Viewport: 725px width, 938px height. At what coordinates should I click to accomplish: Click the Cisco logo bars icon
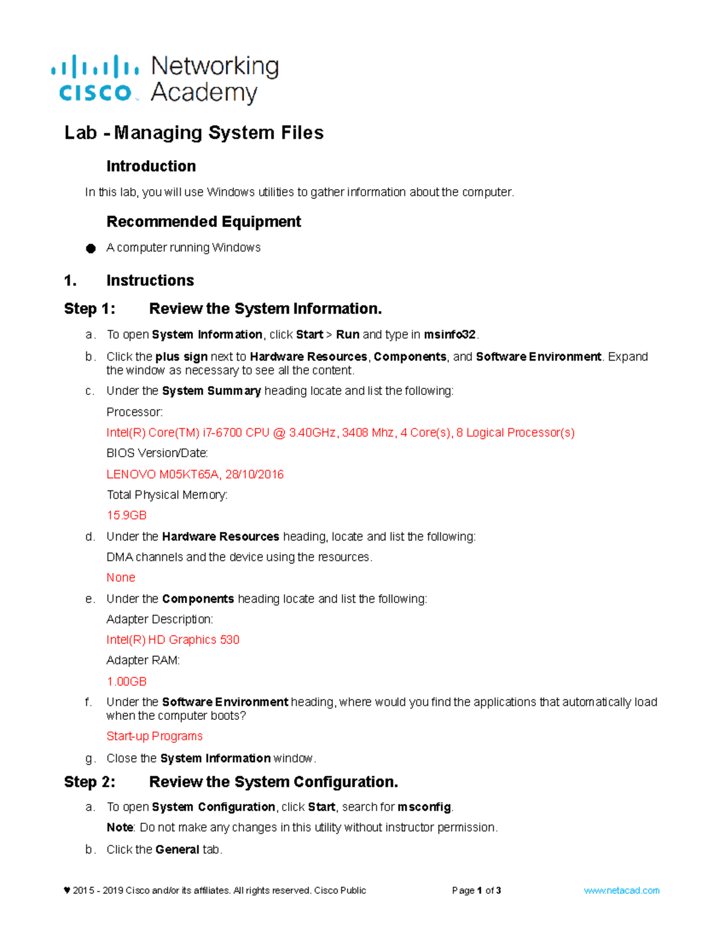pyautogui.click(x=95, y=66)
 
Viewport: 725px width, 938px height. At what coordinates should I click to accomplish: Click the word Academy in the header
pyautogui.click(x=204, y=93)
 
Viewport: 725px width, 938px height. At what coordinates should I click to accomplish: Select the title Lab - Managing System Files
pyautogui.click(x=194, y=133)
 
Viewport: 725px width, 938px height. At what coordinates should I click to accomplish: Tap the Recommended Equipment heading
pyautogui.click(x=204, y=222)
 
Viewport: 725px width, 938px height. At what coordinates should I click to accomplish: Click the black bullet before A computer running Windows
pyautogui.click(x=91, y=248)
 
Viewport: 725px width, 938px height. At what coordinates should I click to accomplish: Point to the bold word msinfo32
pyautogui.click(x=450, y=335)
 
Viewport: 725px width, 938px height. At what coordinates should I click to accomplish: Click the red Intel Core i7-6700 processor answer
pyautogui.click(x=340, y=432)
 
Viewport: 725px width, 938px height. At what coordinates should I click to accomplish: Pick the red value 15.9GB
pyautogui.click(x=126, y=515)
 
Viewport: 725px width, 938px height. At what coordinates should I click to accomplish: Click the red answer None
pyautogui.click(x=121, y=577)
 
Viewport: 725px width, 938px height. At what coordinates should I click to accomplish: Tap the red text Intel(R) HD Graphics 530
pyautogui.click(x=173, y=640)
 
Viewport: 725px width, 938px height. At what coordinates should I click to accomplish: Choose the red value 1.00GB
pyautogui.click(x=126, y=681)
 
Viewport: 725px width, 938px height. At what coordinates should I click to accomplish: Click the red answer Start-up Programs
pyautogui.click(x=154, y=736)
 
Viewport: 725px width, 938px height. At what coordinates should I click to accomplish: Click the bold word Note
pyautogui.click(x=120, y=827)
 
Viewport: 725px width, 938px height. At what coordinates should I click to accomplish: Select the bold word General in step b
pyautogui.click(x=177, y=850)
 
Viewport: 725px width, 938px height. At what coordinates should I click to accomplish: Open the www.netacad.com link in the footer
pyautogui.click(x=621, y=890)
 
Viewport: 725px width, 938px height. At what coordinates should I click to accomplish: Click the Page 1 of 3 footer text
pyautogui.click(x=476, y=890)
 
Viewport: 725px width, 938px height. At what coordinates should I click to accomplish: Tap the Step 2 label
pyautogui.click(x=89, y=782)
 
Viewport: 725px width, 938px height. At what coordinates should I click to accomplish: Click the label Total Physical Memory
pyautogui.click(x=167, y=495)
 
